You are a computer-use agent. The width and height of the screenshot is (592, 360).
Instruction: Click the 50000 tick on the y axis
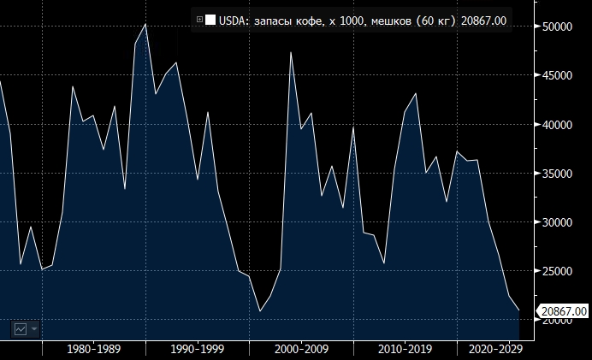(x=560, y=27)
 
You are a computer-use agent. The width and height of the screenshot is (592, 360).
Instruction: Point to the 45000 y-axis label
(x=560, y=75)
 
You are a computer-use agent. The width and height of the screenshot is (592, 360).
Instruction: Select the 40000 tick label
(x=560, y=125)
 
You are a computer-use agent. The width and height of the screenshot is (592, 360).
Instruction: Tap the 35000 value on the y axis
(x=560, y=174)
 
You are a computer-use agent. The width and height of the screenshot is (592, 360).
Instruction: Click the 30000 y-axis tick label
(x=560, y=222)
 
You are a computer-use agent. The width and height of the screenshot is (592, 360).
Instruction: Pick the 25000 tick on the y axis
(x=560, y=271)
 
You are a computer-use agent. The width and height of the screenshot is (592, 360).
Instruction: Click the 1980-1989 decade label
(x=94, y=349)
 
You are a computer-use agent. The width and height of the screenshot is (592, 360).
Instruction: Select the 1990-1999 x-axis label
(x=198, y=349)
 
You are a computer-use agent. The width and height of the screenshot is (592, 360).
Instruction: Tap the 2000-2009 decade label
(x=301, y=349)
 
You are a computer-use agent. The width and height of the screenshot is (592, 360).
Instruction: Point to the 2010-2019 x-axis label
(x=405, y=349)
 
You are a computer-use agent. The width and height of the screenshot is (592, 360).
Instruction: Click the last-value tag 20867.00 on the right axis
(x=562, y=311)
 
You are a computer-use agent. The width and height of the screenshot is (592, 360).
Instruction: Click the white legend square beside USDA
(x=210, y=20)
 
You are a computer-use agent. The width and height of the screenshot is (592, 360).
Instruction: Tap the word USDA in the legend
(x=234, y=20)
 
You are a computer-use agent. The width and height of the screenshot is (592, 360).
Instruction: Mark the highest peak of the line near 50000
(x=145, y=24)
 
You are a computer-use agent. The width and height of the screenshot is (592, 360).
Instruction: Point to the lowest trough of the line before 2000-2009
(x=260, y=310)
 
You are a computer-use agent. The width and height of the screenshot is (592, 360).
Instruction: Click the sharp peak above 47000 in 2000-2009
(x=291, y=52)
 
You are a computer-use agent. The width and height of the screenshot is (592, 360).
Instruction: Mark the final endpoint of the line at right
(x=519, y=310)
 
